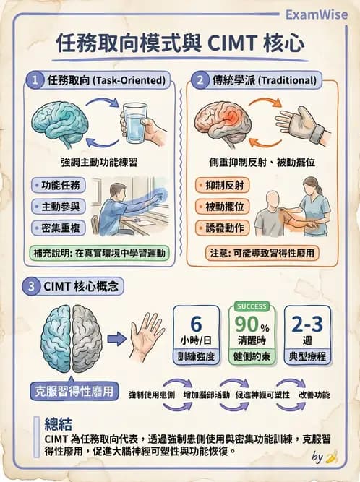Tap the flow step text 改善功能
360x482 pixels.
[314, 395]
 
